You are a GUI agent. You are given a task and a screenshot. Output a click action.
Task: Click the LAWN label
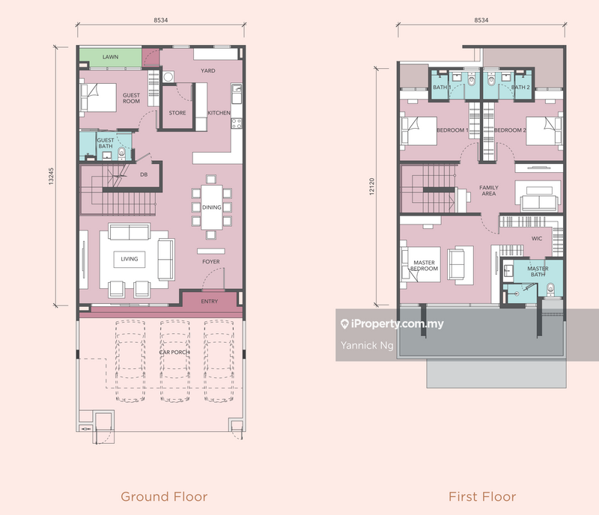click(x=110, y=57)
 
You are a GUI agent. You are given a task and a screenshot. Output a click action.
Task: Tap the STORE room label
click(x=177, y=113)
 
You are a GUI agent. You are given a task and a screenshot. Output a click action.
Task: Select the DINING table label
click(x=212, y=207)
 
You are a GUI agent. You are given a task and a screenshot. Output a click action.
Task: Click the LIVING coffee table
click(x=130, y=259)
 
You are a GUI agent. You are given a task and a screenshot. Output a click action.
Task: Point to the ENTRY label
click(x=210, y=302)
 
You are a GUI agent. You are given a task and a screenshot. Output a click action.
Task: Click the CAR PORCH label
click(x=174, y=353)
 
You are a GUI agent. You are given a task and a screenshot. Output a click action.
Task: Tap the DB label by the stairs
click(x=144, y=174)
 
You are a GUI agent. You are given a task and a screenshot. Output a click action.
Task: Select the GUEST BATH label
click(x=106, y=143)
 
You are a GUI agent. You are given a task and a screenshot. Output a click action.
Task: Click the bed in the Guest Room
click(x=98, y=97)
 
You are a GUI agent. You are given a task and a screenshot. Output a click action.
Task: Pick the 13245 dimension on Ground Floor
click(x=51, y=176)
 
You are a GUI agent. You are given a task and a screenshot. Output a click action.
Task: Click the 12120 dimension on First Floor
click(x=371, y=186)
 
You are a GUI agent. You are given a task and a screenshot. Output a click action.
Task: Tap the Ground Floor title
click(x=164, y=496)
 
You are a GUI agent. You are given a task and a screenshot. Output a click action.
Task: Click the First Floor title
click(x=482, y=496)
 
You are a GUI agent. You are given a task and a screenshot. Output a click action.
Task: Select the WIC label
click(x=537, y=238)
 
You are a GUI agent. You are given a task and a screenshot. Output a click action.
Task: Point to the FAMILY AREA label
click(x=489, y=190)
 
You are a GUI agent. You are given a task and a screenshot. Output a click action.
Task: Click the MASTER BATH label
click(x=538, y=271)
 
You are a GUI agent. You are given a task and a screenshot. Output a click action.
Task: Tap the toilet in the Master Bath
click(x=550, y=289)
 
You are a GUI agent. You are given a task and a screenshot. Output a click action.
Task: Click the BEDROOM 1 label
click(x=452, y=130)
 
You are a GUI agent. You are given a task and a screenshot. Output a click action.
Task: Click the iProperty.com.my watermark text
click(x=392, y=324)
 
